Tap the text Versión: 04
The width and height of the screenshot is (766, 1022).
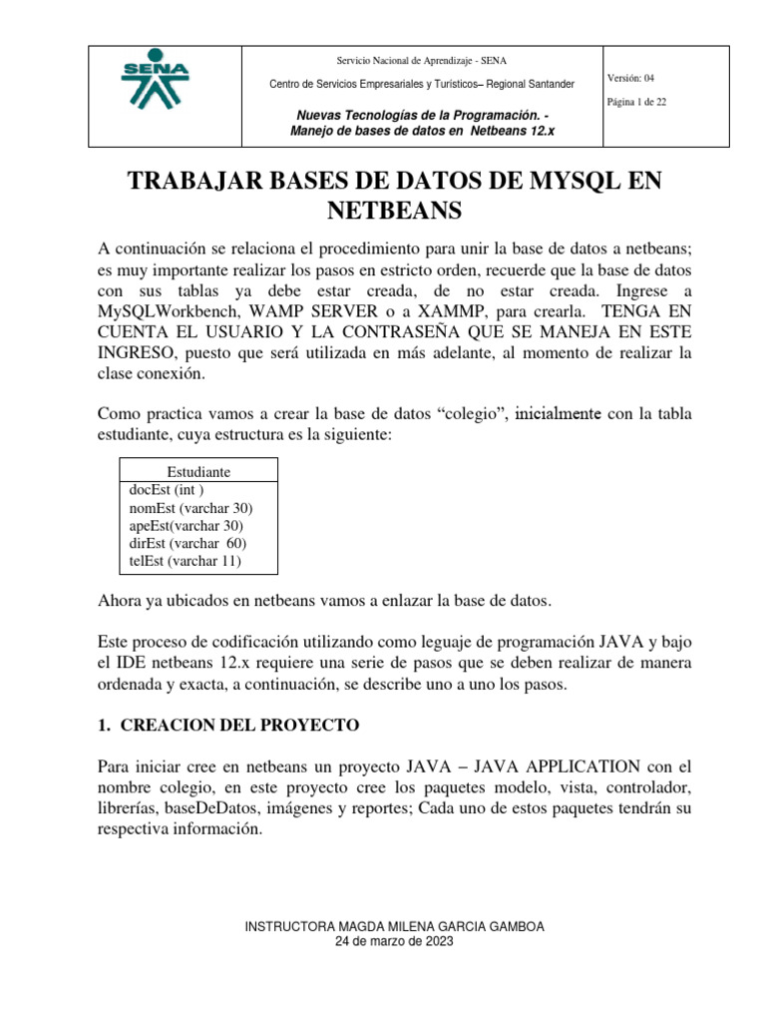pos(630,78)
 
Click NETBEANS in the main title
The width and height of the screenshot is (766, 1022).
pos(394,211)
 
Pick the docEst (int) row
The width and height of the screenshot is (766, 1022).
pos(167,490)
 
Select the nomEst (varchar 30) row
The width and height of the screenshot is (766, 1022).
pos(191,508)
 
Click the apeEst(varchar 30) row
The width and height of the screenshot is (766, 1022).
pos(186,526)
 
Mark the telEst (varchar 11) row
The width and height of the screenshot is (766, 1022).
pos(185,562)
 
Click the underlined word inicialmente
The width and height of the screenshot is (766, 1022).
pos(558,414)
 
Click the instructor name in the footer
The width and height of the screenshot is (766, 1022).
pos(394,927)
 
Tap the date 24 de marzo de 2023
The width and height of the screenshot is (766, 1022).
pos(394,942)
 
